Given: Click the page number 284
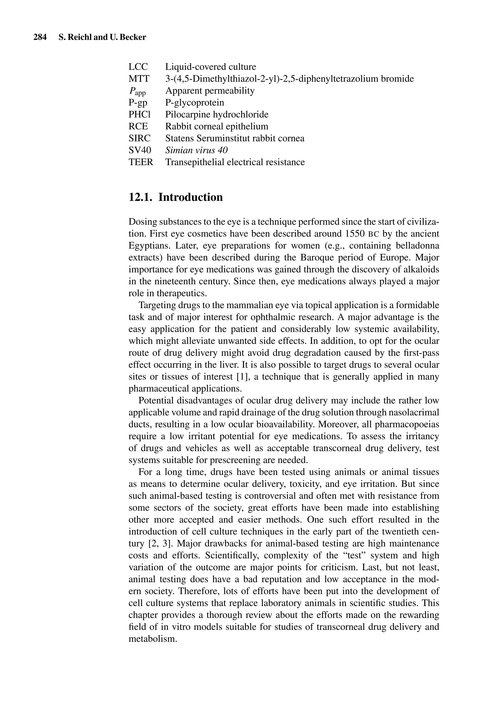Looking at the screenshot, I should point(40,38).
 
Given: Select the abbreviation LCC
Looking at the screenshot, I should point(138,67).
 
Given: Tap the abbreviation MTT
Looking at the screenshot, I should point(139,78).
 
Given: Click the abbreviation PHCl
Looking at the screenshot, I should point(139,115).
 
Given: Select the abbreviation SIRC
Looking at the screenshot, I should point(139,138).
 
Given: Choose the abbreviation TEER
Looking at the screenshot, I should point(141,162).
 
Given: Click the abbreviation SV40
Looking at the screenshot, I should point(140,150).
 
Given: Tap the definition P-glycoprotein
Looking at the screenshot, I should point(194,103).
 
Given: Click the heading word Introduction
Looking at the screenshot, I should point(191,197).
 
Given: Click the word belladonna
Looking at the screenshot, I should point(417,246).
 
